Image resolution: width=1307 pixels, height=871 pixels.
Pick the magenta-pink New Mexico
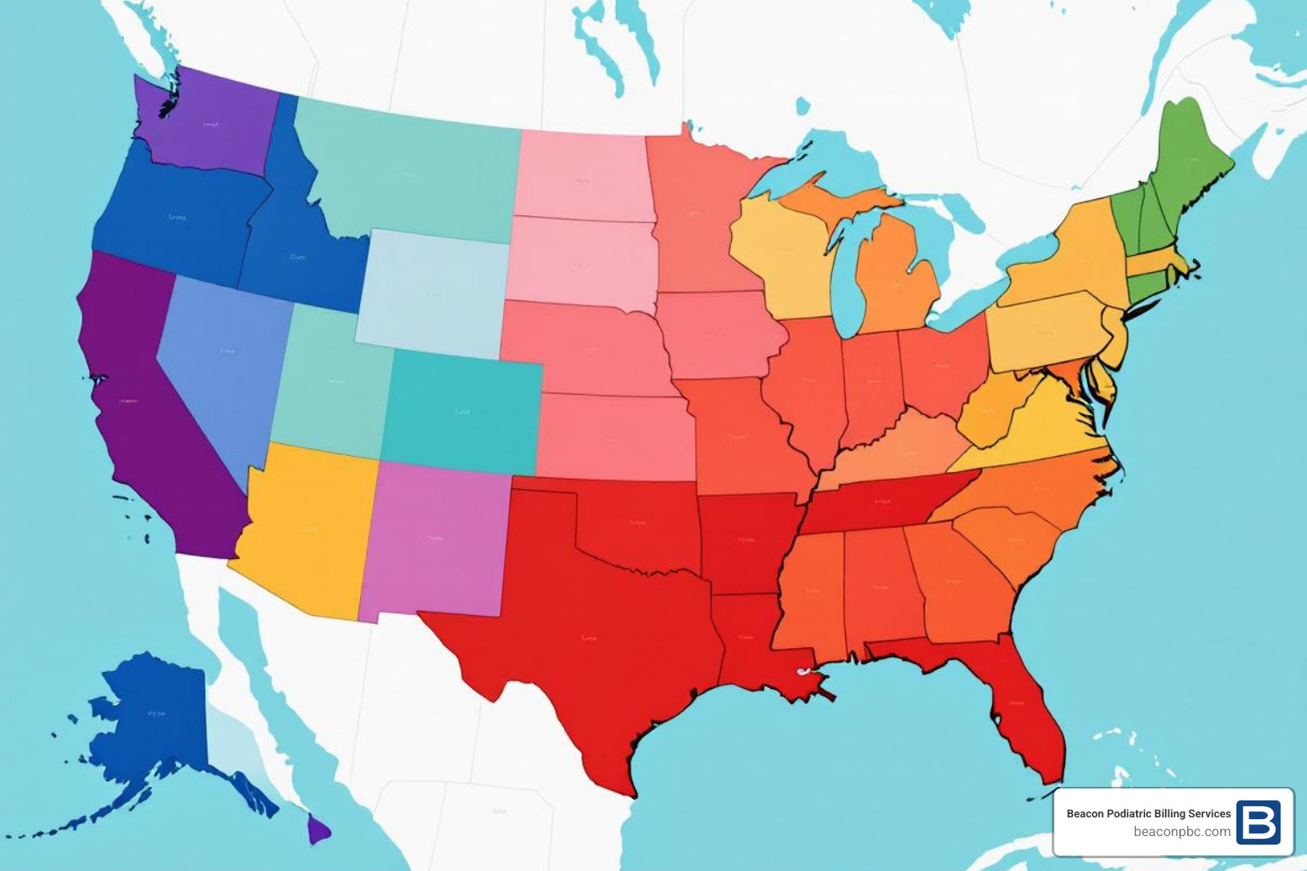click(x=434, y=540)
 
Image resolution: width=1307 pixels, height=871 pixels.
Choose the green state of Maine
click(x=1191, y=162)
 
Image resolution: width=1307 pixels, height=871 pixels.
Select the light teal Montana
click(x=408, y=174)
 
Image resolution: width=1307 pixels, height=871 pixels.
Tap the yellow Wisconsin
click(x=783, y=255)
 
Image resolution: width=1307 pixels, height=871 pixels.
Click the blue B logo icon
click(x=1258, y=823)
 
